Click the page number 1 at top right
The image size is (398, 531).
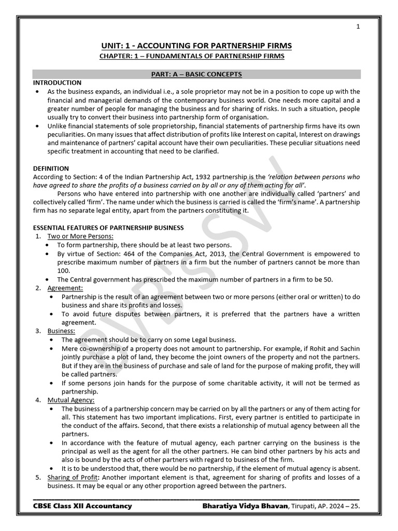[358, 27]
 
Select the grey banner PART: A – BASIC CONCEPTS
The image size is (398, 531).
[196, 74]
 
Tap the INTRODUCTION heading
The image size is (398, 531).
[57, 83]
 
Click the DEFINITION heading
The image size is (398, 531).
[51, 169]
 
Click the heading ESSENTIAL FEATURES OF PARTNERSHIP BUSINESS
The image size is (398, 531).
[108, 228]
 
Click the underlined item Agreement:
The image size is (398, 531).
[65, 288]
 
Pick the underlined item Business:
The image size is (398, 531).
[61, 331]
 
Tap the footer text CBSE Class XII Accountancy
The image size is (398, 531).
[82, 506]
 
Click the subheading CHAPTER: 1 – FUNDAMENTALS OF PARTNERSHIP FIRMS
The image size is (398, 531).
[192, 56]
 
